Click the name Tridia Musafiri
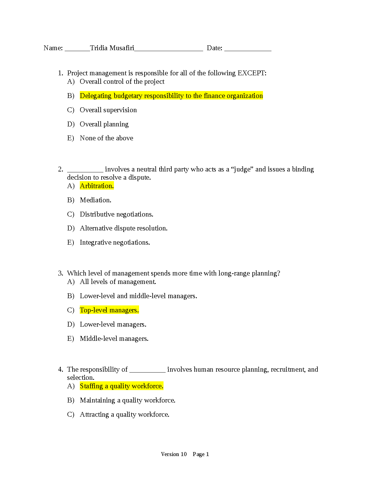(112, 48)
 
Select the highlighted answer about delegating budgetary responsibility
(171, 96)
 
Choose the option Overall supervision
(108, 110)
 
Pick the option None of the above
(106, 138)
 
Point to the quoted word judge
(242, 169)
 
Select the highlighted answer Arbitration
(97, 186)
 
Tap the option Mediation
(95, 200)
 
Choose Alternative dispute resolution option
(123, 228)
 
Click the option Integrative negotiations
(115, 243)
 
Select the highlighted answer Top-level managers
(109, 310)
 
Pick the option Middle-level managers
(114, 339)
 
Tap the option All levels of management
(118, 282)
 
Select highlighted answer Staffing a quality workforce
(122, 386)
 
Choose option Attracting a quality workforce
(124, 415)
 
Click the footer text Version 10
(174, 454)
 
